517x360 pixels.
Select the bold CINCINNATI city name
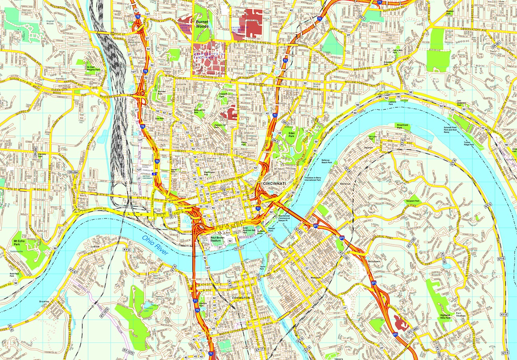(274, 183)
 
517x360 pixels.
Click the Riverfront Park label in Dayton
(402, 126)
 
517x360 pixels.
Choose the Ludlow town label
(95, 247)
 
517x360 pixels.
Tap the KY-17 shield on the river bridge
(239, 248)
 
